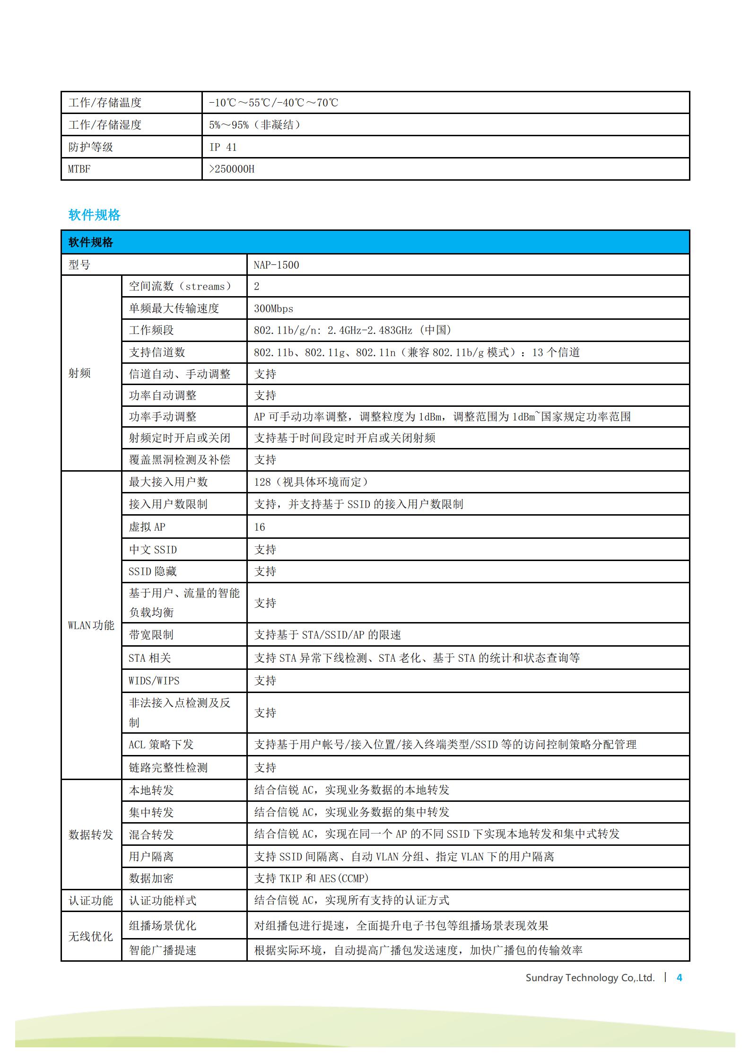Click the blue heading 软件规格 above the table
[94, 215]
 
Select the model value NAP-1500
[276, 265]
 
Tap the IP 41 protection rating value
[223, 147]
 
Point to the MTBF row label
[79, 169]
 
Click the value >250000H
[232, 169]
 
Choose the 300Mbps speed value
[273, 308]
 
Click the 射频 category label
[79, 373]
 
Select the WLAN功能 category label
[91, 625]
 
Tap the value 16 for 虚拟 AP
[260, 527]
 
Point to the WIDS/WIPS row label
[154, 681]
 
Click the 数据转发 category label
[91, 834]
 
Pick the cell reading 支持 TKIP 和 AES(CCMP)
[311, 878]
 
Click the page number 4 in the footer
[680, 978]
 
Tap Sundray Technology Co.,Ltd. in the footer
[590, 978]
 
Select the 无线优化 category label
[91, 936]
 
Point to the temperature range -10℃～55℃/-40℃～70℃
[274, 103]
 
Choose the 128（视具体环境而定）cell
[312, 482]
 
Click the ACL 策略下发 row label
[161, 745]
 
